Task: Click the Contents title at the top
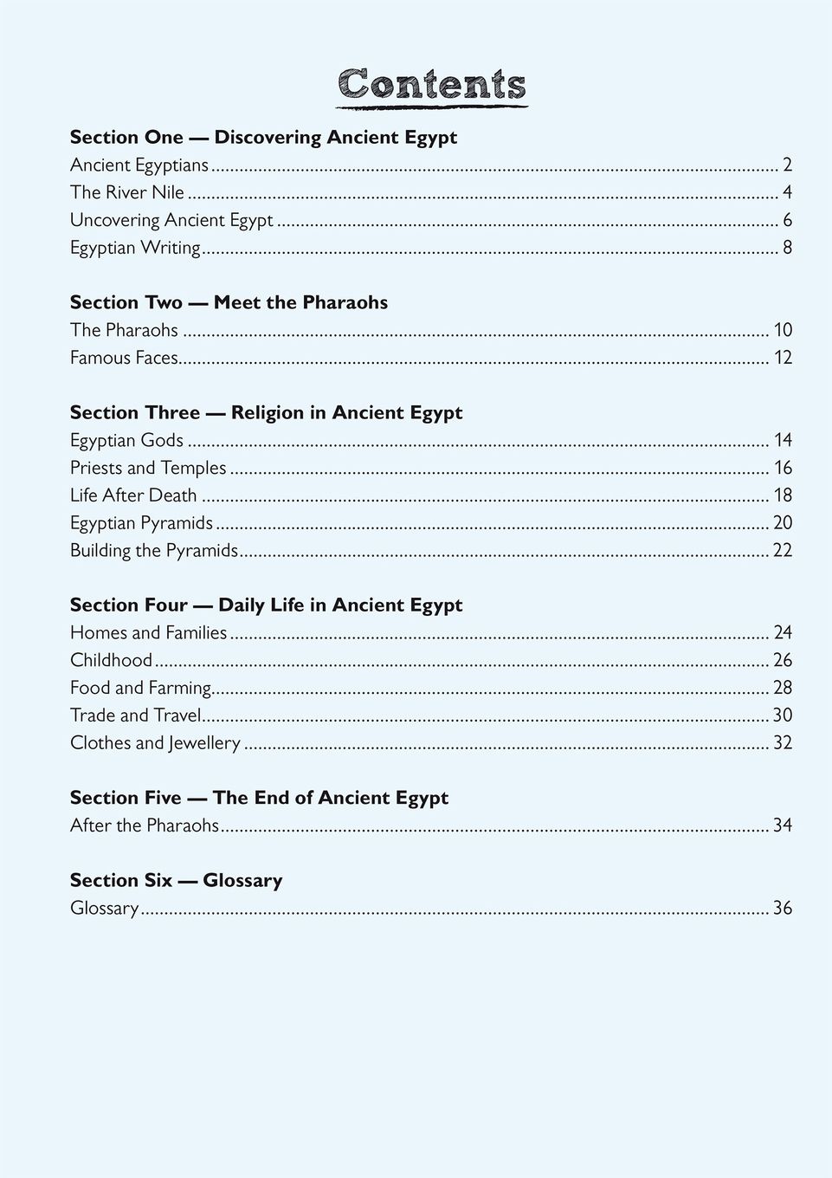click(431, 85)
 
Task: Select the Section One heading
click(263, 137)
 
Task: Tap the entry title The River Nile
click(127, 192)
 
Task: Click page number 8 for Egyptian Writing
click(787, 248)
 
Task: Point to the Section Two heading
click(229, 302)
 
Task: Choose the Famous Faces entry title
click(124, 358)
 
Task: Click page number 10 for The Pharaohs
click(783, 330)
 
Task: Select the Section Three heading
click(266, 412)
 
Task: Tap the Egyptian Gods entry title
click(126, 440)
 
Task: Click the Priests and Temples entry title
click(148, 468)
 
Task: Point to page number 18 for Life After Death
click(783, 495)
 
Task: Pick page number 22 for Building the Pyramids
click(782, 550)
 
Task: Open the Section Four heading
click(266, 605)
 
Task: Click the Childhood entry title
click(111, 660)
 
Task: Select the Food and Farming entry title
click(141, 688)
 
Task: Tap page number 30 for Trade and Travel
click(782, 715)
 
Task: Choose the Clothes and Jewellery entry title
click(155, 743)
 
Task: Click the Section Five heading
click(259, 798)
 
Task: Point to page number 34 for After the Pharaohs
click(782, 825)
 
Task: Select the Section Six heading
click(176, 880)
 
